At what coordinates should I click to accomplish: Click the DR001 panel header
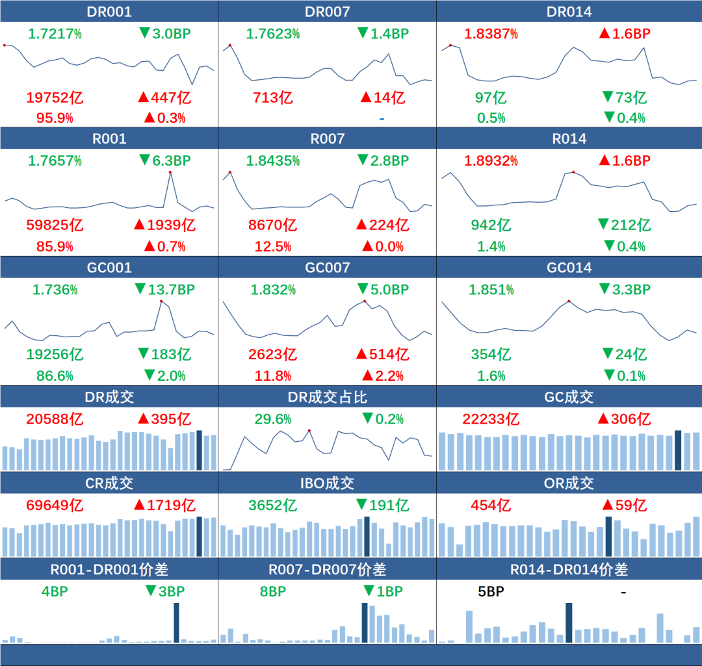[109, 12]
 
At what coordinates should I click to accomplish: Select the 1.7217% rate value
[55, 34]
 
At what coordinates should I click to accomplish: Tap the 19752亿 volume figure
[55, 98]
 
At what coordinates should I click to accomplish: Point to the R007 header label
[327, 138]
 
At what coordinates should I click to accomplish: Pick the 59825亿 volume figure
[55, 225]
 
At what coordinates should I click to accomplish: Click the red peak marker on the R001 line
[170, 172]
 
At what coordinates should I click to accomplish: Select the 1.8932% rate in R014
[491, 160]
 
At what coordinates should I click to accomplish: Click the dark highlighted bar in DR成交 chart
[199, 450]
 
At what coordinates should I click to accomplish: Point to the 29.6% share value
[272, 419]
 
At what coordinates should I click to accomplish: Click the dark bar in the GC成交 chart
[678, 450]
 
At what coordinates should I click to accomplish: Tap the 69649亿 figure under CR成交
[55, 505]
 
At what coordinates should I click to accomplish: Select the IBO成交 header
[327, 483]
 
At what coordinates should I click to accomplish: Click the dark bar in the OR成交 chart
[608, 536]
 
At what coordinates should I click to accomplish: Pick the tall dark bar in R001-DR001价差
[176, 622]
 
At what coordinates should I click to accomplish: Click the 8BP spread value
[272, 591]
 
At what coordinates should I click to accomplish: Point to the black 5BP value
[491, 591]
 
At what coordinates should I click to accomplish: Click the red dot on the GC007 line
[365, 301]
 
